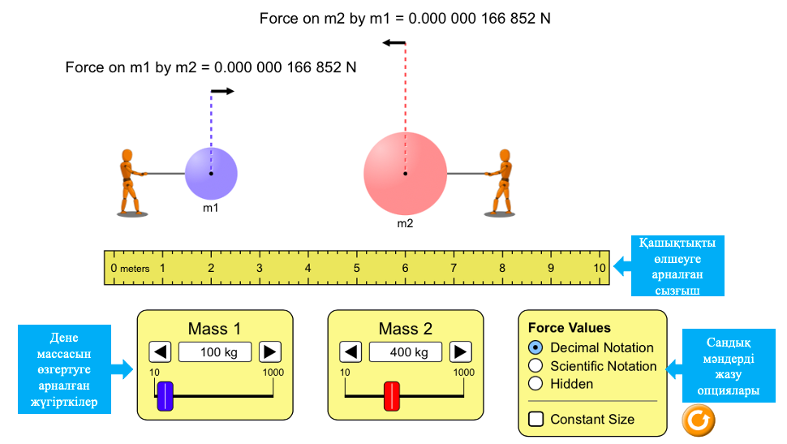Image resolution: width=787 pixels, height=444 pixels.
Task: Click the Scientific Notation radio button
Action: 535,366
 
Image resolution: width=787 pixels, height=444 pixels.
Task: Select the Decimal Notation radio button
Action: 535,347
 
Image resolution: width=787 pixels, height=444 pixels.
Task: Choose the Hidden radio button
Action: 535,384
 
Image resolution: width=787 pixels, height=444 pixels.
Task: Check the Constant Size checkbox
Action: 535,420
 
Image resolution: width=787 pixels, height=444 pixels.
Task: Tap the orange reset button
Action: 699,420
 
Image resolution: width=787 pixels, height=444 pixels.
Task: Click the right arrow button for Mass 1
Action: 270,352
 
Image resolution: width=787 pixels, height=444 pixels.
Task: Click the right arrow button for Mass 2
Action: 461,352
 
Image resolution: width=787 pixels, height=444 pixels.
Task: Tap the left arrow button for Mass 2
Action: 350,352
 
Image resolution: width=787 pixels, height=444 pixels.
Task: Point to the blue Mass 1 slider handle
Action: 166,395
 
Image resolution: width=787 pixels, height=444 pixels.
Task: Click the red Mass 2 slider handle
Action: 392,395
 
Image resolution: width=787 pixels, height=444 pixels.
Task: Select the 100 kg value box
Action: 215,352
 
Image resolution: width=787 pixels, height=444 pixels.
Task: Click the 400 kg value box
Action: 406,352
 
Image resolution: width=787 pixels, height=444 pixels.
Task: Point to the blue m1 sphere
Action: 211,174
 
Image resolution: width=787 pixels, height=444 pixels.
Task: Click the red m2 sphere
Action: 405,173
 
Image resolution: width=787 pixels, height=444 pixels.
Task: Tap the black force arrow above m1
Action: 222,91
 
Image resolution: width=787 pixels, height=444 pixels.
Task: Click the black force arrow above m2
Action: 394,43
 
